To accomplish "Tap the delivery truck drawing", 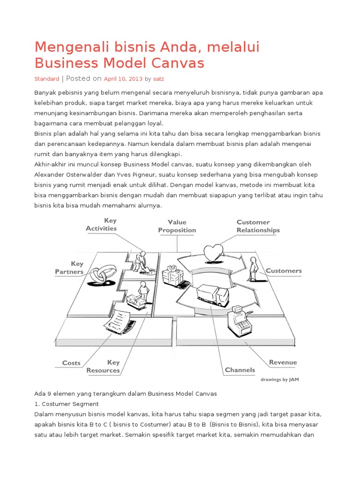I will (x=212, y=294).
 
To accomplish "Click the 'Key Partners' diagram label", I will (x=69, y=268).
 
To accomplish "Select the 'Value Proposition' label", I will (x=177, y=226).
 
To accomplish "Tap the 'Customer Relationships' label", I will (x=258, y=226).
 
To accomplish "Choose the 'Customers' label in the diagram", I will (x=284, y=270).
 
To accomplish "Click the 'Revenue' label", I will (x=283, y=362).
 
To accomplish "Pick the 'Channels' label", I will (x=240, y=370).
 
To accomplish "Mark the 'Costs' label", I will (x=71, y=363).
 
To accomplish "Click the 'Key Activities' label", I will (x=101, y=224).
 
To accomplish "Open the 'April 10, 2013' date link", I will (x=123, y=79).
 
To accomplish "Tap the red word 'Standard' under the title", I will (x=47, y=79).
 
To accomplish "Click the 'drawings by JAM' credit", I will (x=279, y=380).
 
